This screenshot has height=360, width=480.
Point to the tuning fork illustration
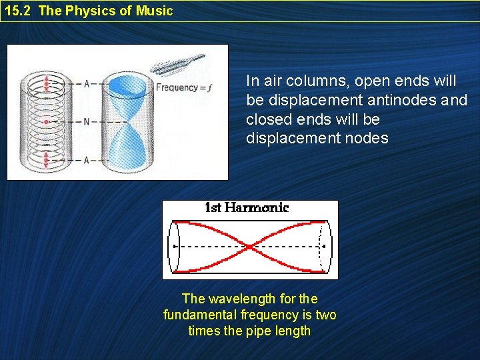pos(177,65)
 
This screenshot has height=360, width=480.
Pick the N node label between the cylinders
pos(87,122)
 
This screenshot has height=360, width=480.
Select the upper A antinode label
pos(87,83)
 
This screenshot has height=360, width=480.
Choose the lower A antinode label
pos(87,161)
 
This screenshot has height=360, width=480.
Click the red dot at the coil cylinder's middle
pos(46,122)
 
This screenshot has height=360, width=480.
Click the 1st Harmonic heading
pos(246,207)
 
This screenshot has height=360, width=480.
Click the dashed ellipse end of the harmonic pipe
pos(325,247)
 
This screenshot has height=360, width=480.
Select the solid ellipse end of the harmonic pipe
pos(175,247)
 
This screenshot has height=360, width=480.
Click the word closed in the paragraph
pos(263,119)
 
